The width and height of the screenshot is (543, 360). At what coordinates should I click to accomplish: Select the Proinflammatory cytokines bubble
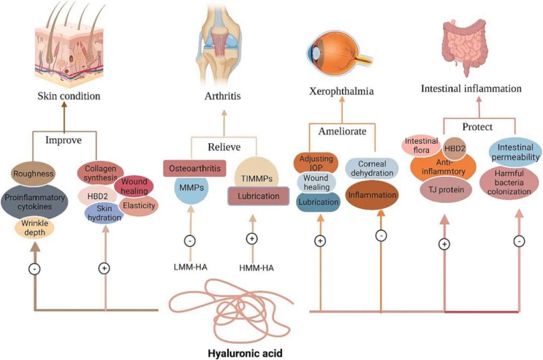click(x=34, y=201)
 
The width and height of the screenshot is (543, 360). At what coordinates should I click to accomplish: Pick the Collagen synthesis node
click(x=100, y=173)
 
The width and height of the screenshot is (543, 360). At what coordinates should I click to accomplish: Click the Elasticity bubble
click(x=139, y=205)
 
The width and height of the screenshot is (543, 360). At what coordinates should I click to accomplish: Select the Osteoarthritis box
click(x=195, y=168)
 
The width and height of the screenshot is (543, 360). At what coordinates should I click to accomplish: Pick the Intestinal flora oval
click(x=421, y=145)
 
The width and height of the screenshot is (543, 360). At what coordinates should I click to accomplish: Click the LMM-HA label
click(x=190, y=267)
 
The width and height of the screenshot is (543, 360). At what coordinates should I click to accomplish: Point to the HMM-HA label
click(x=257, y=267)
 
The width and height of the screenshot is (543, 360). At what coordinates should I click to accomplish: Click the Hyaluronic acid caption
click(x=245, y=353)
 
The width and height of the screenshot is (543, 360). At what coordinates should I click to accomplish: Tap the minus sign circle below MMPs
click(x=190, y=241)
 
